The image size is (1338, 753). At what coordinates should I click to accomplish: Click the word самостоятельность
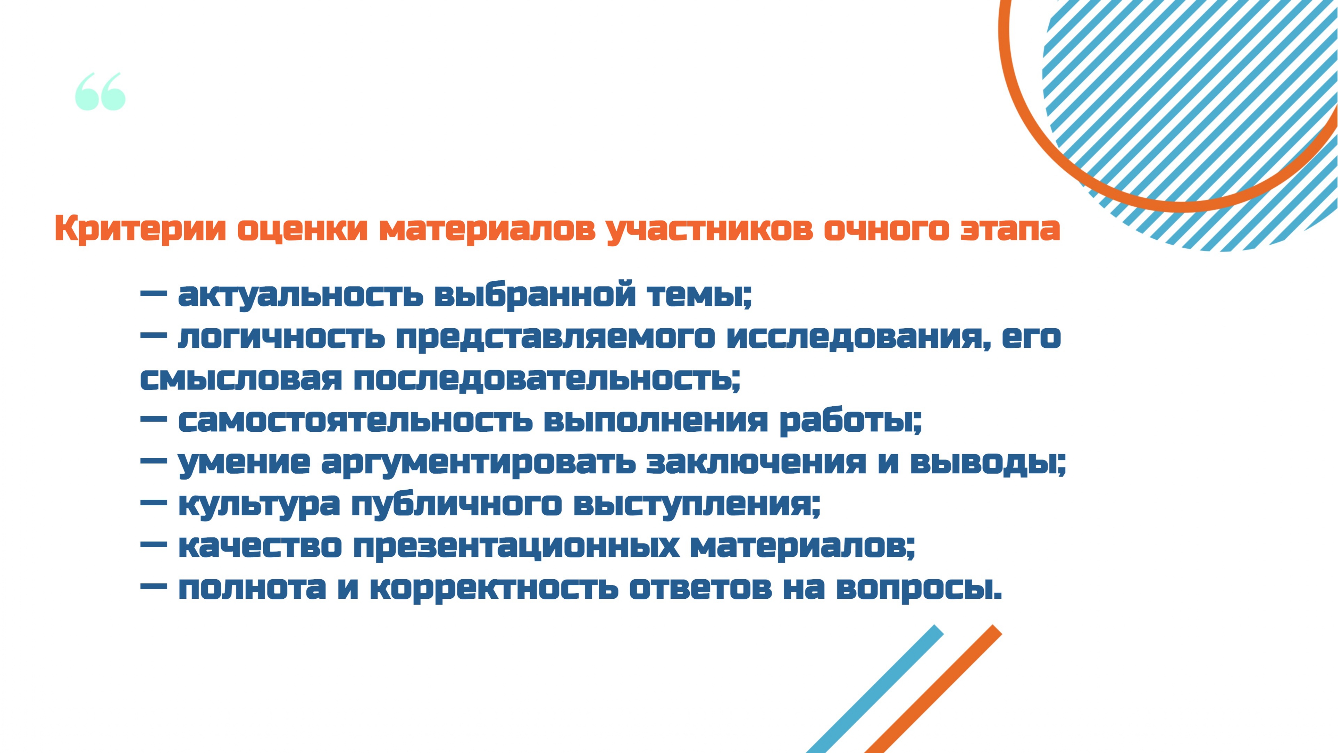[x=355, y=421]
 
